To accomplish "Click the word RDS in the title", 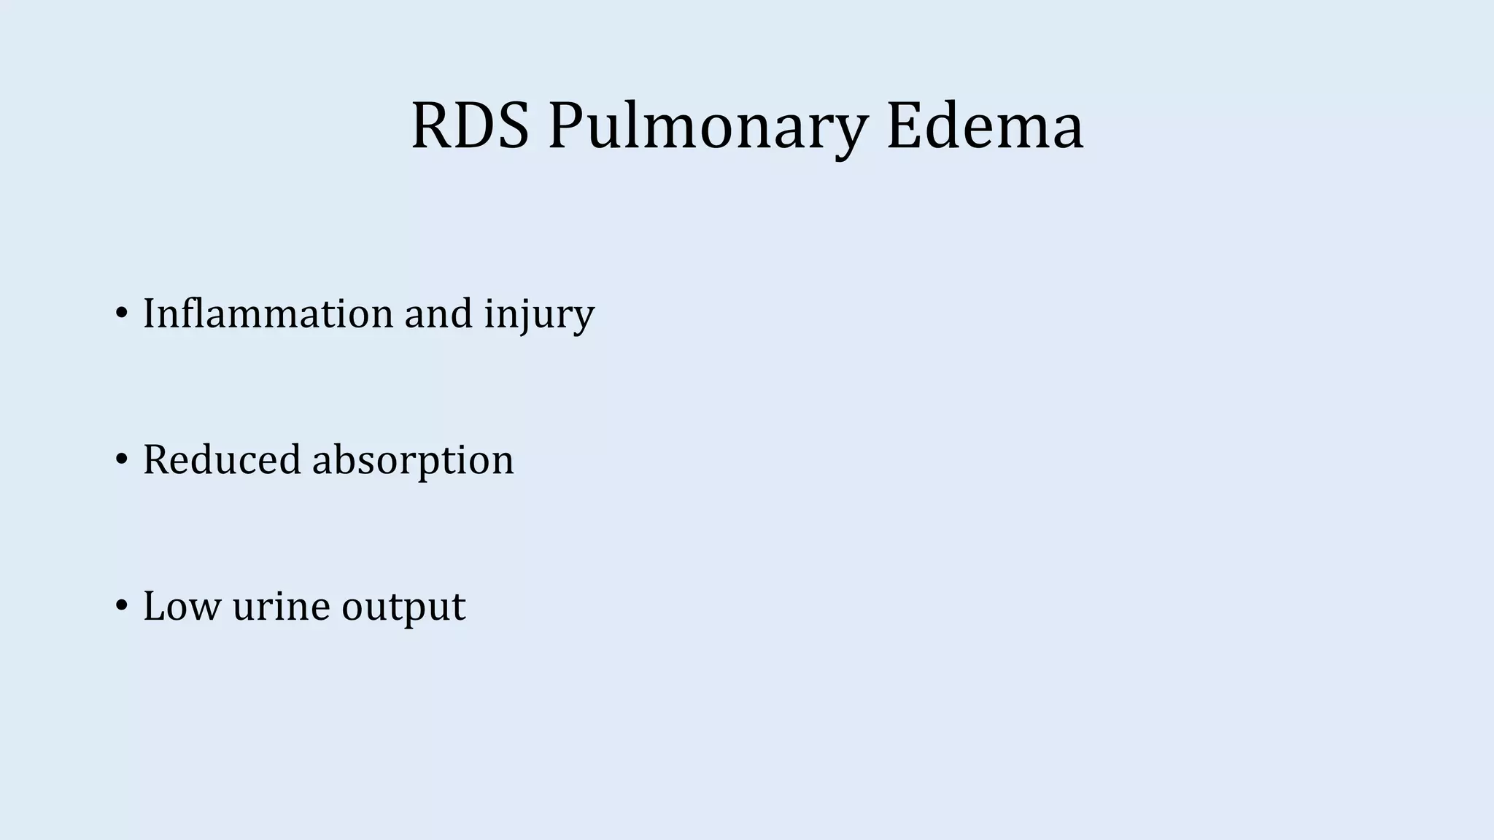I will (470, 126).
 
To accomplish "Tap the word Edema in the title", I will (985, 126).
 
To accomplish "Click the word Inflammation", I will (268, 314).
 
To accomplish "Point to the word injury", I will (540, 315).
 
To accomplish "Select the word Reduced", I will (222, 460).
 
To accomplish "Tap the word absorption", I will (413, 462).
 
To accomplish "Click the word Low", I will (182, 606).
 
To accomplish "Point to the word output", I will (403, 607).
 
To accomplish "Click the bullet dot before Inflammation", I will (121, 314).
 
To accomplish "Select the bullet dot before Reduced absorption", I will (121, 460).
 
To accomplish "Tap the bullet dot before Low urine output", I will (121, 606).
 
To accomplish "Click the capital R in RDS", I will (430, 126).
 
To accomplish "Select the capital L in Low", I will (154, 606).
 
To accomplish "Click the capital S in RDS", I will (513, 126).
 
